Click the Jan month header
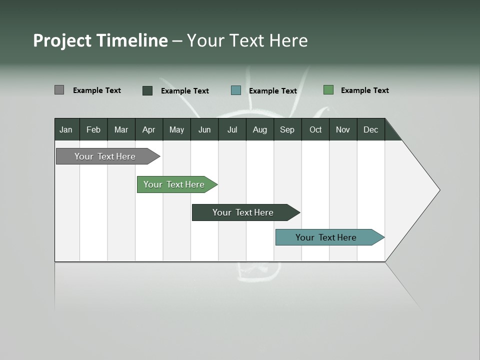pos(66,130)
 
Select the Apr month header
pos(148,130)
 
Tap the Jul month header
pos(232,130)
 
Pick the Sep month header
pos(287,130)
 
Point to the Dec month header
pos(370,130)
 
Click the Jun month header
pos(204,130)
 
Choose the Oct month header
pos(315,130)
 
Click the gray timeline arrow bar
pos(105,156)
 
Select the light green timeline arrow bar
pos(174,184)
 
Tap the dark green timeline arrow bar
pos(243,212)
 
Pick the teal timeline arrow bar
pos(326,237)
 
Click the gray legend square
pos(59,90)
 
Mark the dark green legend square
pos(147,90)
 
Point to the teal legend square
pos(236,90)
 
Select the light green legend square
pos(328,90)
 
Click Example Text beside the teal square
pos(272,91)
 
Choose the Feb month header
pos(93,130)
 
